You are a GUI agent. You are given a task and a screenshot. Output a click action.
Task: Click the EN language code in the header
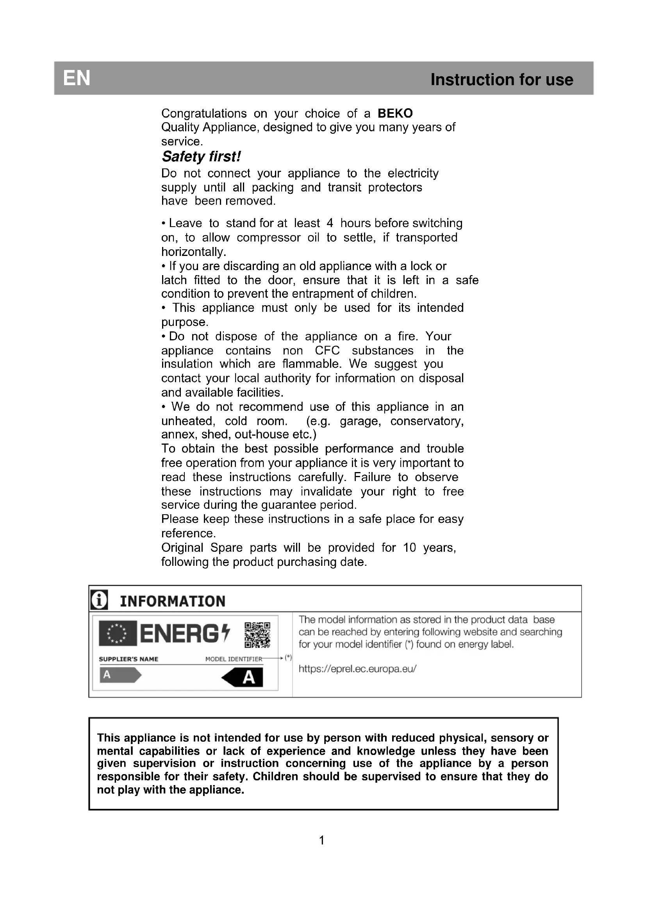pos(77,78)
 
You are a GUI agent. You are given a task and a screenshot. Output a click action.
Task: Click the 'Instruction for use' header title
pos(501,80)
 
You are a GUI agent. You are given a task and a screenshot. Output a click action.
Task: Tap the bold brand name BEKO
pos(395,113)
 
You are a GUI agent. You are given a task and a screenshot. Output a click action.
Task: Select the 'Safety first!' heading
pos(201,157)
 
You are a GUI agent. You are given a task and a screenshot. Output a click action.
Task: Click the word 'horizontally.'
pos(194,252)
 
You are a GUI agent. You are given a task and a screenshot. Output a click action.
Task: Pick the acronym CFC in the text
pos(327,350)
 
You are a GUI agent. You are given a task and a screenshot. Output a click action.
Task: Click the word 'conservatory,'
pos(427,421)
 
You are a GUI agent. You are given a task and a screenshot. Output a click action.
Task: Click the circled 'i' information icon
pos(99,600)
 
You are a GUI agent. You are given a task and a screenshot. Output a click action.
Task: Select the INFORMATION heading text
pos(173,601)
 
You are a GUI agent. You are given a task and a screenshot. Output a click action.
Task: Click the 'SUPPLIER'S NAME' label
pos(128,659)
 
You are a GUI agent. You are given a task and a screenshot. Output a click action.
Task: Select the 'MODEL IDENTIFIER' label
pos(234,659)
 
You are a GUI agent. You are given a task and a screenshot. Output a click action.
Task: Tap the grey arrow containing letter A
pos(120,675)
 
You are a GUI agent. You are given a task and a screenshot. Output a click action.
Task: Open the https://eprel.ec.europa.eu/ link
pos(357,668)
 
